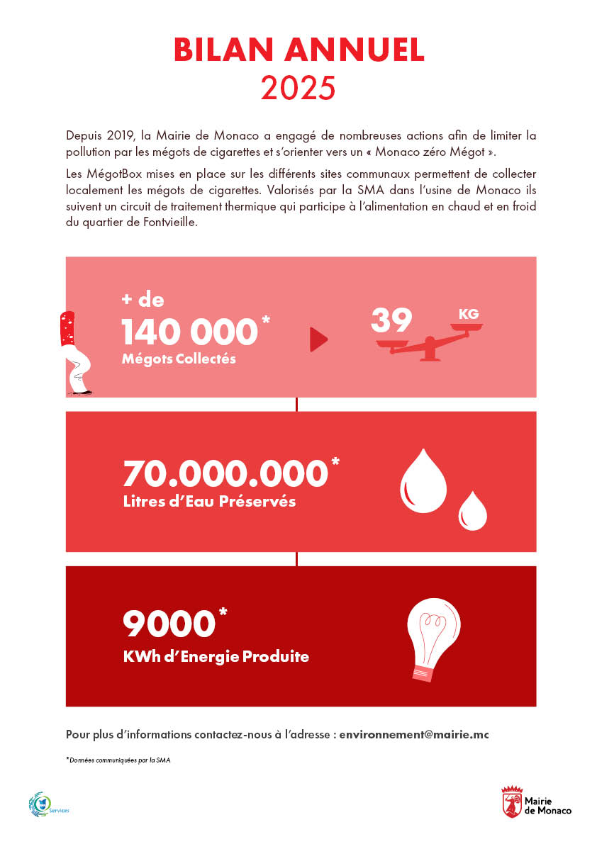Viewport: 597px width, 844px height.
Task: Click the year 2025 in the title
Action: [298, 87]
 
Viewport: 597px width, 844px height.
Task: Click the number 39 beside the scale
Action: [391, 321]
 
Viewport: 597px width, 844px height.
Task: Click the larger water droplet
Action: [423, 480]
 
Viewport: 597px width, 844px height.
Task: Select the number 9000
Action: [169, 624]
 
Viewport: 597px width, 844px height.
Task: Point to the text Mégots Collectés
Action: [179, 359]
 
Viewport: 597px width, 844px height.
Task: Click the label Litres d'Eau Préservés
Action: [209, 502]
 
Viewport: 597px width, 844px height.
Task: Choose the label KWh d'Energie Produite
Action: [216, 656]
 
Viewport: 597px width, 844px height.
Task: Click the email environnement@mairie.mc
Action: [414, 735]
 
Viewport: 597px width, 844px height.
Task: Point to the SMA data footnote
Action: [118, 760]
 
